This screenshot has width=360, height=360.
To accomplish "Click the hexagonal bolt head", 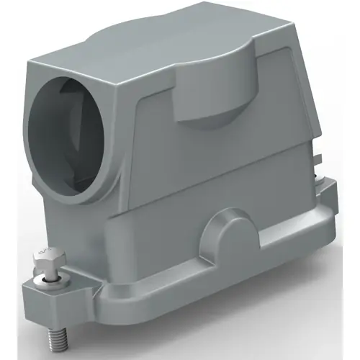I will [43, 256].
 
